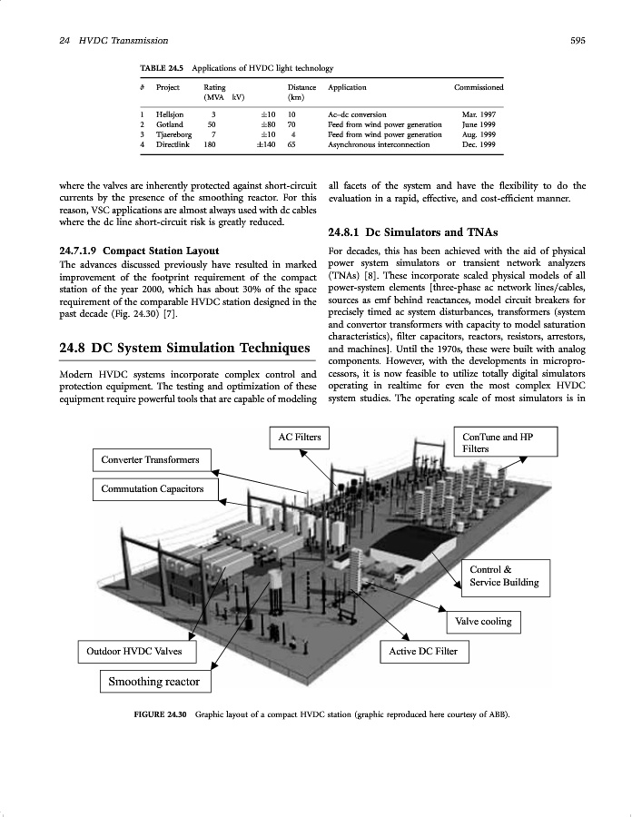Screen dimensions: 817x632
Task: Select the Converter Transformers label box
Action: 151,459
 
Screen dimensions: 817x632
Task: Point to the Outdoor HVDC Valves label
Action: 133,652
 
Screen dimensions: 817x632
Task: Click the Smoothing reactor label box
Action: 153,681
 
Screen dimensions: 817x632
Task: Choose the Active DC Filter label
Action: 423,652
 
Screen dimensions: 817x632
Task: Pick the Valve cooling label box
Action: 484,622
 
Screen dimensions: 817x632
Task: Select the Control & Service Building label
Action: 504,576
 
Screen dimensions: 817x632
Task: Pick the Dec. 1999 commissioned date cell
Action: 479,143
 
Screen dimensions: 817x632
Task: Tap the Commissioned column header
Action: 479,87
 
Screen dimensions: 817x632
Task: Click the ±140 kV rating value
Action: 267,143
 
